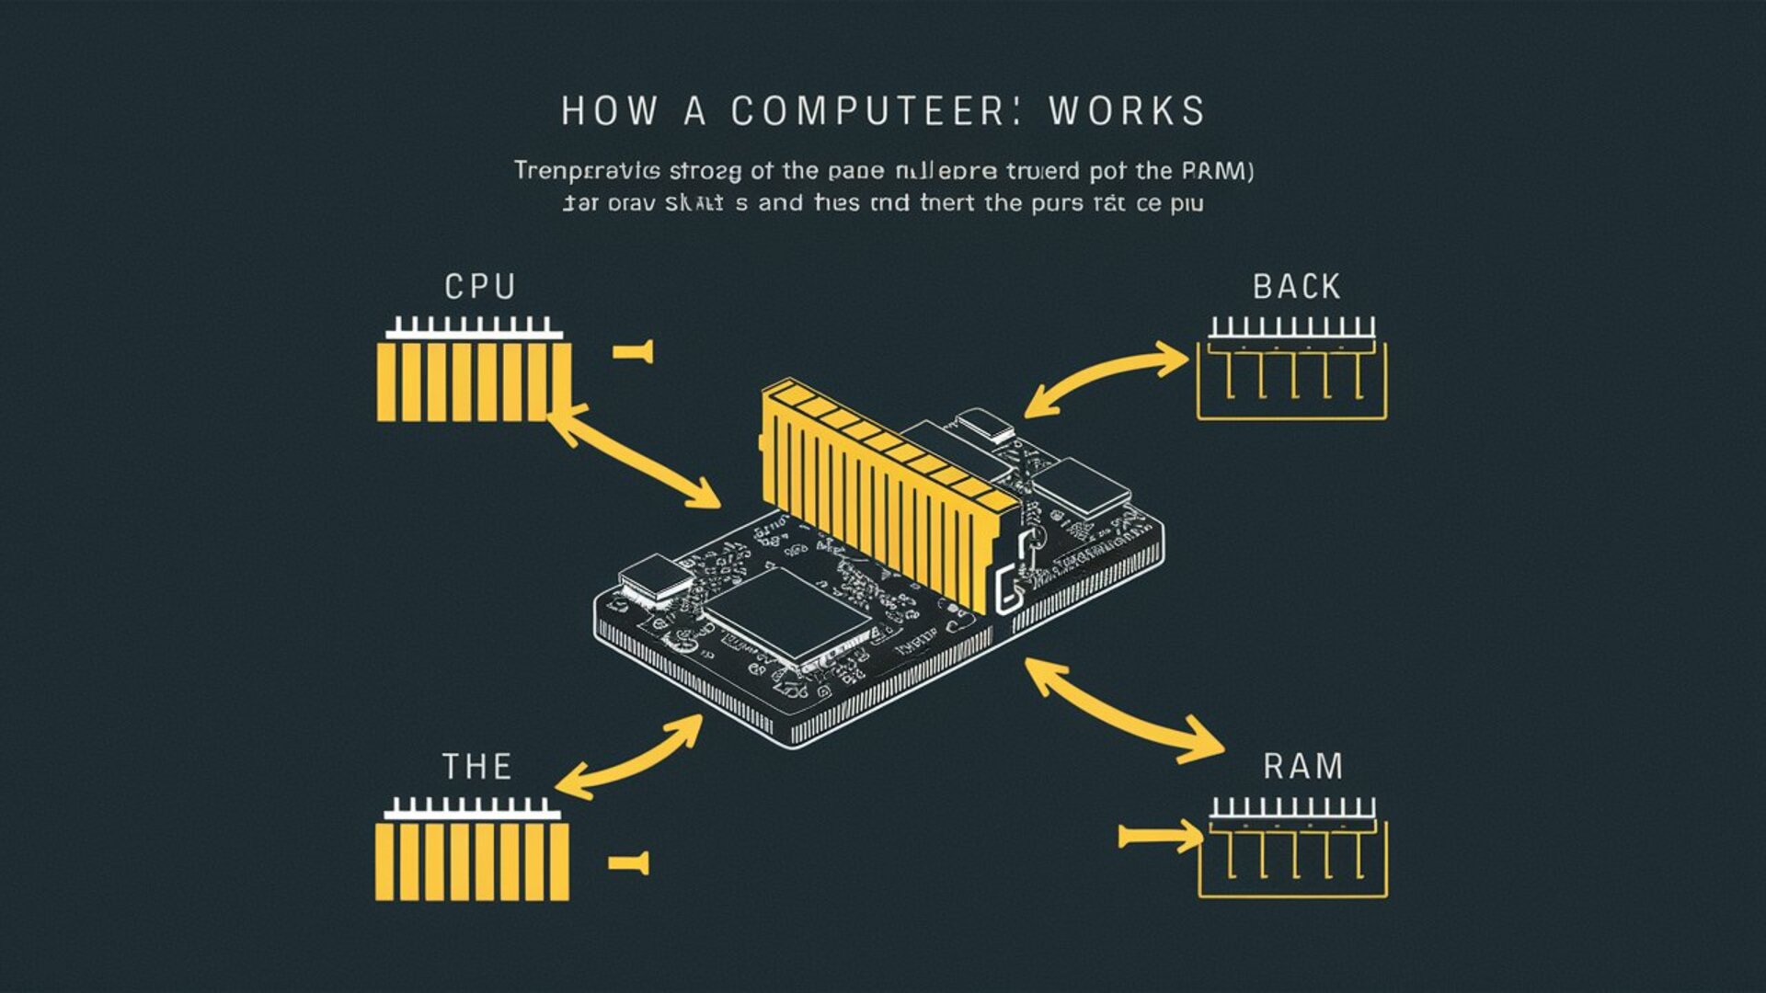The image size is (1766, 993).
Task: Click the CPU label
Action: coord(479,287)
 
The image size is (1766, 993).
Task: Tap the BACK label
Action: coord(1296,287)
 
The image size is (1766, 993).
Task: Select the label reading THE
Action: coord(476,766)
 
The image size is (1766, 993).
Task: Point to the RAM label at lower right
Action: coord(1302,765)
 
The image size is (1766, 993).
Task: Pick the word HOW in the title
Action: coord(610,111)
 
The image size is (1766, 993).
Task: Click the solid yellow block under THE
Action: coord(472,860)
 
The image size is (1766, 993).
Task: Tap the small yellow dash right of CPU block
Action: coord(633,350)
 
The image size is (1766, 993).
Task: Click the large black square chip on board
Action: coord(786,611)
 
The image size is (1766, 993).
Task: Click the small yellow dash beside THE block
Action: coord(629,862)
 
